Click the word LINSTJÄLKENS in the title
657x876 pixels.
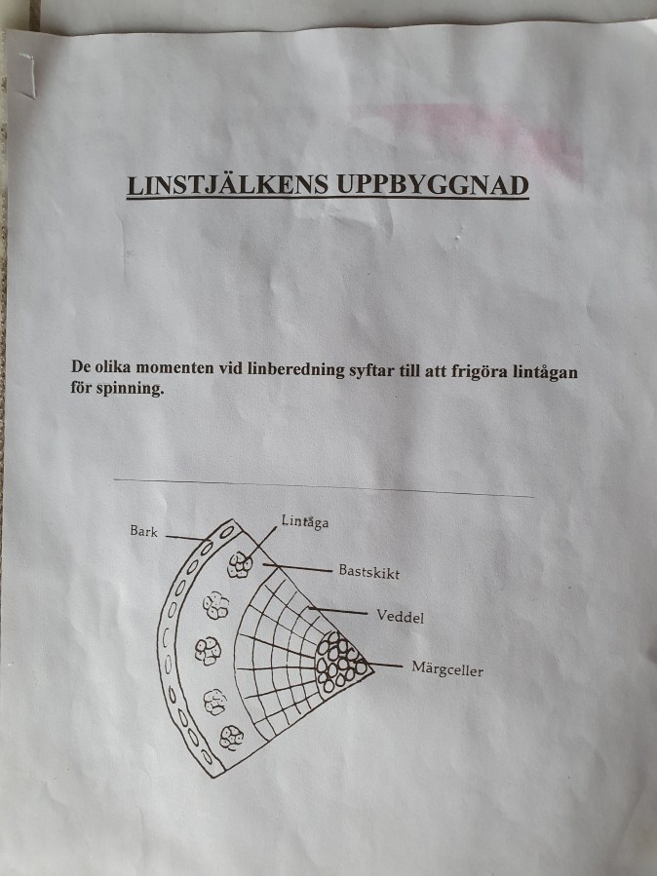tap(227, 185)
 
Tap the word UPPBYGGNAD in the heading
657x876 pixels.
tap(433, 185)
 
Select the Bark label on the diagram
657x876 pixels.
tap(143, 531)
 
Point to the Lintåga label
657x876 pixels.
tap(304, 521)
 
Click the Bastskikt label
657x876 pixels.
tap(369, 572)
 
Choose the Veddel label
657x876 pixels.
tap(400, 616)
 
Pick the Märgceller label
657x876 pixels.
tap(447, 668)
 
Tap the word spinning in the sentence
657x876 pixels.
tap(131, 388)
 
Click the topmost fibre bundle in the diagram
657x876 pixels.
tap(240, 565)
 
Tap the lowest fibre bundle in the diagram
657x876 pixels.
tap(231, 738)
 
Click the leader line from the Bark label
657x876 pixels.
tap(186, 538)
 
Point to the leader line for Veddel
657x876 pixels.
tap(338, 611)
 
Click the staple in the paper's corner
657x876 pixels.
tap(28, 75)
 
